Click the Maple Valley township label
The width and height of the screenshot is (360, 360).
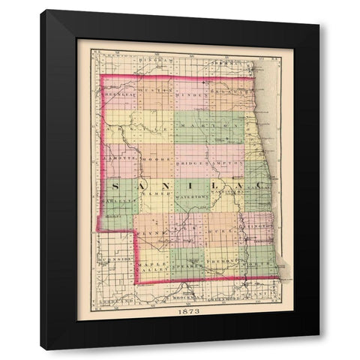pos(153,268)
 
